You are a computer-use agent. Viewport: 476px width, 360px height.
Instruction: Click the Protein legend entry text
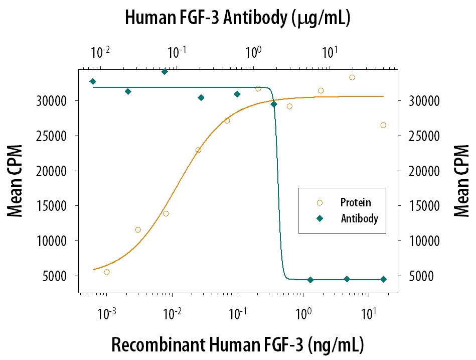356,203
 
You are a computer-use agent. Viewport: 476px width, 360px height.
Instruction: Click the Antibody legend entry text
359,218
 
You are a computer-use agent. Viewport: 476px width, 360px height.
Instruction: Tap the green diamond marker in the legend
320,218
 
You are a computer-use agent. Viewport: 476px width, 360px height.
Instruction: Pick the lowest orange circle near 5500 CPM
107,272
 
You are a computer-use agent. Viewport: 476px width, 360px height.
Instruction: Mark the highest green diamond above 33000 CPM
165,72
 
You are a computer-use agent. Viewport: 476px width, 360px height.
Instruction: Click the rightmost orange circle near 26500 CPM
383,125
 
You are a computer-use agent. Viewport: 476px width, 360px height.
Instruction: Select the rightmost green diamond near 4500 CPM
383,279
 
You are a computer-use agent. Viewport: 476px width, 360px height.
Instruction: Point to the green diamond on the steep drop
274,104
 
